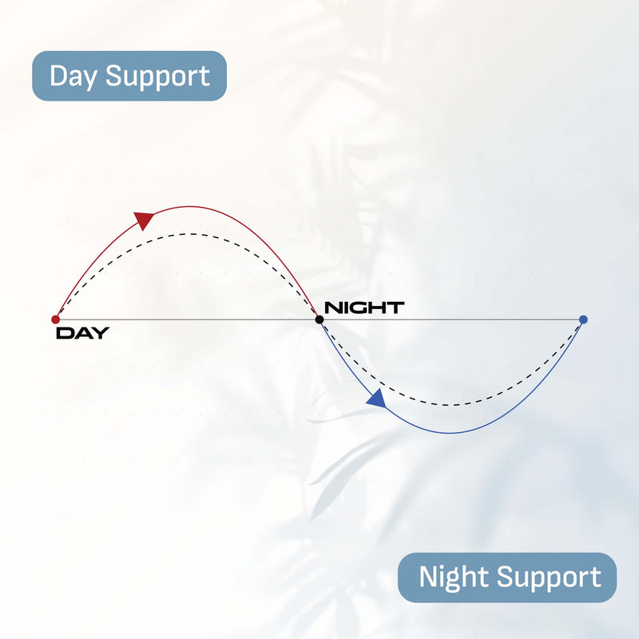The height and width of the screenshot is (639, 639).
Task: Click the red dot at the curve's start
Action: pyautogui.click(x=55, y=319)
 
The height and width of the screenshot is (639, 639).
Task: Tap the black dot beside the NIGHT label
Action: pyautogui.click(x=319, y=319)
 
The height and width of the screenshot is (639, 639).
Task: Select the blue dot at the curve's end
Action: pyautogui.click(x=583, y=319)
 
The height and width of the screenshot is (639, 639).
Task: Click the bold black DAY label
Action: pyautogui.click(x=82, y=334)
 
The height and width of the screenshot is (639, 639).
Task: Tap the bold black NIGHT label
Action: pyautogui.click(x=364, y=308)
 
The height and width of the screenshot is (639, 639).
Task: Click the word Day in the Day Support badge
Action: pyautogui.click(x=74, y=77)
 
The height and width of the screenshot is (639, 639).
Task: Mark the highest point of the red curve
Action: pyautogui.click(x=187, y=206)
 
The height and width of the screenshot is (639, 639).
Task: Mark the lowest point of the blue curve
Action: pyautogui.click(x=451, y=433)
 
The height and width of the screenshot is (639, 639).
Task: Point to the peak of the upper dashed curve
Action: pyautogui.click(x=187, y=234)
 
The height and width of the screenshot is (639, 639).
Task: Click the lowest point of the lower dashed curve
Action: pyautogui.click(x=451, y=405)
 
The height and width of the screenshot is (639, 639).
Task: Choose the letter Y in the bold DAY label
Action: pyautogui.click(x=100, y=334)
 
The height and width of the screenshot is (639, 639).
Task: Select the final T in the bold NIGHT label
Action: pyautogui.click(x=396, y=308)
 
